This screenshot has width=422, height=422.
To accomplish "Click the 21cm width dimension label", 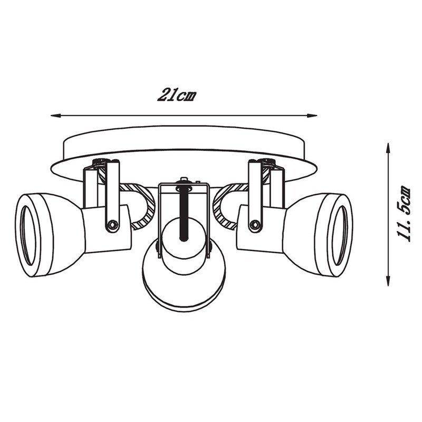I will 177,95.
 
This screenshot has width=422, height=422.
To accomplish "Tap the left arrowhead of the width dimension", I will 54,115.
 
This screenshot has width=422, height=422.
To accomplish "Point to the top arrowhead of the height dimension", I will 388,146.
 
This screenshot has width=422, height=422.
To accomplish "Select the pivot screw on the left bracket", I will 112,225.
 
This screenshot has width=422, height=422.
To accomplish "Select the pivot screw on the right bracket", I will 256,225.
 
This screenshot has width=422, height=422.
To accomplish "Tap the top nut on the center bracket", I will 184,180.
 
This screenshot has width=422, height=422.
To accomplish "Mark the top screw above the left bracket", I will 100,162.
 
